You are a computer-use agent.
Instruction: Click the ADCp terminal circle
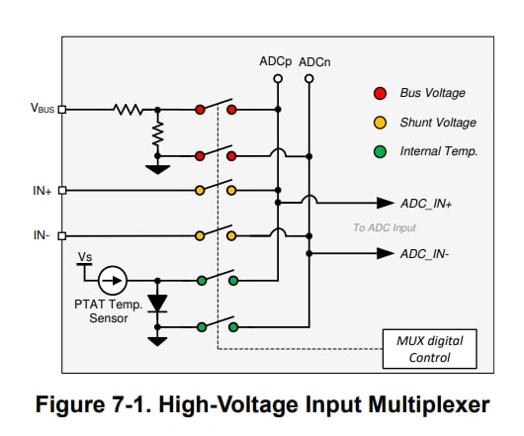click(x=278, y=79)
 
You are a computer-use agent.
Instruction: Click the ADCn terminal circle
click(x=309, y=79)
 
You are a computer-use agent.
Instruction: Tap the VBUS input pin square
click(x=62, y=110)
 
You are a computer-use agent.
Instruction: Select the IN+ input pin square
click(x=62, y=191)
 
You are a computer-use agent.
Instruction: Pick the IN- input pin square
click(x=62, y=236)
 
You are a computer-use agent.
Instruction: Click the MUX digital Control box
click(x=429, y=349)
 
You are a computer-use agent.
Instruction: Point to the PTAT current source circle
click(x=113, y=281)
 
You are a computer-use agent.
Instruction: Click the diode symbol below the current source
click(x=157, y=304)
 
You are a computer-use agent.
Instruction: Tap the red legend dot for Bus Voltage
click(x=380, y=94)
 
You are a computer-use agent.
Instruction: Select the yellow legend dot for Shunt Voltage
click(x=380, y=123)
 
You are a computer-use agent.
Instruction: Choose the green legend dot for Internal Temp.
click(x=380, y=151)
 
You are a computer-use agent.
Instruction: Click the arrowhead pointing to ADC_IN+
click(x=386, y=203)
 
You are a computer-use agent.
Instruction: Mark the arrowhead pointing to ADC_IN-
click(x=386, y=253)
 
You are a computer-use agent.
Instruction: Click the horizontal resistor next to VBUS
click(x=128, y=110)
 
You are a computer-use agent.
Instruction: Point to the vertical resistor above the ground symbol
click(x=157, y=133)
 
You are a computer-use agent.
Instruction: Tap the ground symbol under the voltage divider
click(x=157, y=170)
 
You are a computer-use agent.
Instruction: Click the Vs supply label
click(x=85, y=257)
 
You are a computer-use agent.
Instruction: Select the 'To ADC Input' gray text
click(x=385, y=227)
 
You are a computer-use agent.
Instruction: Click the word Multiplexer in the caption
click(x=429, y=405)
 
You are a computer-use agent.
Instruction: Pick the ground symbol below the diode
click(x=157, y=341)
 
